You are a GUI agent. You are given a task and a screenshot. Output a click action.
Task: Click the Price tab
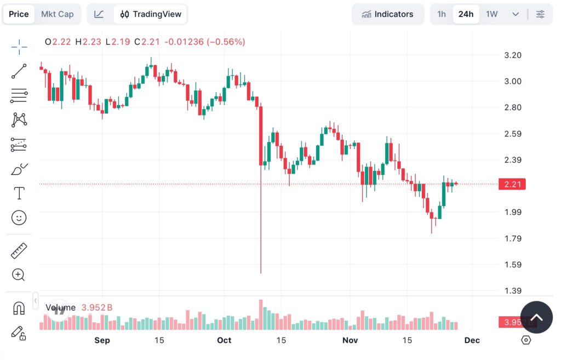coord(19,14)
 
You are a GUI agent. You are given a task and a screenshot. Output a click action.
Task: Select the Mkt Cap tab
coord(57,14)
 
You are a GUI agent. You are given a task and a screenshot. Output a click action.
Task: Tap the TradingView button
coord(151,14)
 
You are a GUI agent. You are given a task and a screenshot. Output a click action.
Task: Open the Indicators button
coord(387,14)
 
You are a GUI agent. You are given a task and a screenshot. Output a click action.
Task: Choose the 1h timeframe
coord(442,14)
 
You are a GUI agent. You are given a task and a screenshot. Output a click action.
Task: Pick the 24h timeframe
coord(466,14)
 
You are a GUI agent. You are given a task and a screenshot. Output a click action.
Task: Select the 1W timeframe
coord(491,14)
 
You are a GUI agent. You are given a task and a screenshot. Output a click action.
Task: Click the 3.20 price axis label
coord(512,55)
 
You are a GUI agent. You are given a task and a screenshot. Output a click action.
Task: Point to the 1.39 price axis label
coord(512,291)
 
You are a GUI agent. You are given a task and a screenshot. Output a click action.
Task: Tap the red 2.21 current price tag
coord(512,184)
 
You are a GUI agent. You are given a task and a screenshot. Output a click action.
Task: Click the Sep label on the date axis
coord(102,340)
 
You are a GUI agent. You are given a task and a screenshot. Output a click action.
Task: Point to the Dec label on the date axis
coord(472,340)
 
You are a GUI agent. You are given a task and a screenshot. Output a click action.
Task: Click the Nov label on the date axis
coord(350,340)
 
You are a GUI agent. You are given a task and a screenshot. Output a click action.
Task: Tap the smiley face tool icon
coord(19,218)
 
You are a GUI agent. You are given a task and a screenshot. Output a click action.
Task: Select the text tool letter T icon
coord(19,193)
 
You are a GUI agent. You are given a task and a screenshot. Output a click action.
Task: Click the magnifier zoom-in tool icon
coord(19,275)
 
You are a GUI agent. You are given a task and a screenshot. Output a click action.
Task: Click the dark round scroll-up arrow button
coord(536,317)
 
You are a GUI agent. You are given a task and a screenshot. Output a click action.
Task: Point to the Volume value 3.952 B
coord(97,308)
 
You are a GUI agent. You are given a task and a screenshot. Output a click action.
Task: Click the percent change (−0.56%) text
coord(226,42)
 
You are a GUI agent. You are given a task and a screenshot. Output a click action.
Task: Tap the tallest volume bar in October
coord(261,315)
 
